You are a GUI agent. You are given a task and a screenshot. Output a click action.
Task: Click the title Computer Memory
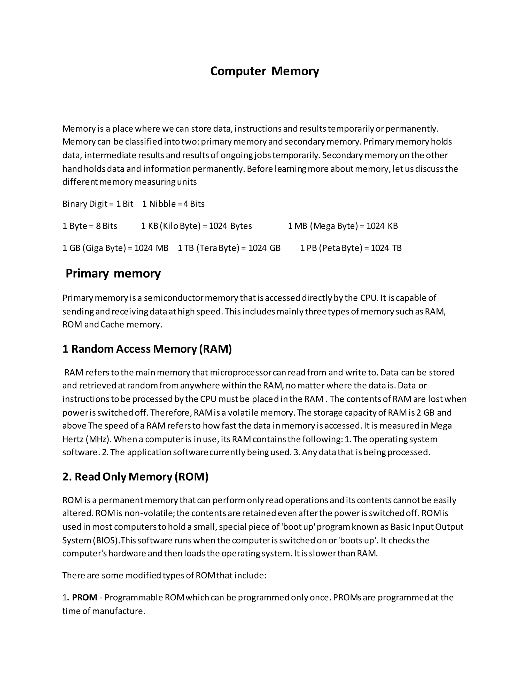point(264,71)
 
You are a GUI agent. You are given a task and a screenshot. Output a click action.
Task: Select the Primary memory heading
point(113,273)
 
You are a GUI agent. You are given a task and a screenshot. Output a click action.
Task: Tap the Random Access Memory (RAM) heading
point(147,349)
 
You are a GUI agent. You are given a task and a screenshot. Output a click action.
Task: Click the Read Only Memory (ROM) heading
point(135,477)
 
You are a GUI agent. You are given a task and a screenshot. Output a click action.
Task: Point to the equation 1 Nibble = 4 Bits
point(173,204)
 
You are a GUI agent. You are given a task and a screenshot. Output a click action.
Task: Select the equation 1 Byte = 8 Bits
point(90,226)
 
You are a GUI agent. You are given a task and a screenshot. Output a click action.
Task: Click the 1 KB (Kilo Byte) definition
point(197,226)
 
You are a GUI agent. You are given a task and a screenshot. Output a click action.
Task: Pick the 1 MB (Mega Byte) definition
point(343,226)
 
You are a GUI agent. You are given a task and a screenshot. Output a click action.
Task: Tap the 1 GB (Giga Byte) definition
point(115,248)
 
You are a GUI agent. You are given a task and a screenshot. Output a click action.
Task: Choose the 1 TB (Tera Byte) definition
point(229,248)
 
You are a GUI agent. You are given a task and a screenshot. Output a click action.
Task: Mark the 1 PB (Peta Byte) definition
point(351,248)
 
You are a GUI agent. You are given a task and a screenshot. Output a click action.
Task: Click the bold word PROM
point(85,598)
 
